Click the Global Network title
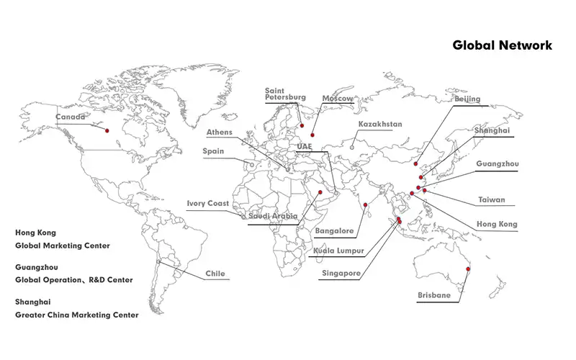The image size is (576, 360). (x=502, y=45)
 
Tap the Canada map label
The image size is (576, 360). (x=71, y=117)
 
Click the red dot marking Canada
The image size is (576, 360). (x=107, y=130)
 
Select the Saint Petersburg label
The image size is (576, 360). (x=285, y=94)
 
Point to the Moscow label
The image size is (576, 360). (x=337, y=98)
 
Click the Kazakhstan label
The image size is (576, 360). (x=380, y=124)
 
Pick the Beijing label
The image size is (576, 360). (x=467, y=99)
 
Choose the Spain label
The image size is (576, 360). (x=214, y=152)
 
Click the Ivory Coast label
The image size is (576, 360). (x=207, y=204)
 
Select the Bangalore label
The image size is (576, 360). (x=334, y=231)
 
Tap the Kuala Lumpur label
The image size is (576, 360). (x=338, y=251)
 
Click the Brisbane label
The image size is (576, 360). (x=434, y=295)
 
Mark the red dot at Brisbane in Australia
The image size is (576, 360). (x=469, y=269)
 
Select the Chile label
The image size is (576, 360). (x=215, y=274)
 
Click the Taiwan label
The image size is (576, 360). (x=492, y=200)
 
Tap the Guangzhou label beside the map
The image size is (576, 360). (x=497, y=164)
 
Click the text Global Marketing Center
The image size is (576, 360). (x=63, y=246)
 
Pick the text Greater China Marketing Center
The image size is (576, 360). (x=77, y=315)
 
